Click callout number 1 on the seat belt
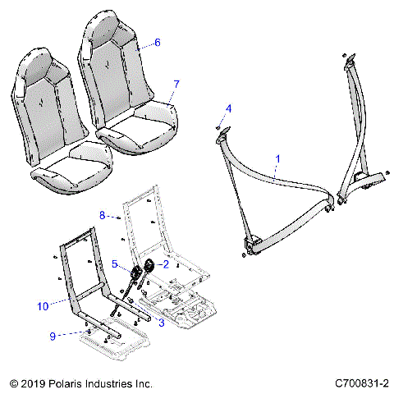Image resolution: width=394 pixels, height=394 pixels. (277, 157)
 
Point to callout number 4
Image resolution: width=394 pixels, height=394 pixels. (229, 108)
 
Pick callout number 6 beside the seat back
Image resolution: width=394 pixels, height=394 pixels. (158, 42)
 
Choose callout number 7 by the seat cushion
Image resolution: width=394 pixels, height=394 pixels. (174, 85)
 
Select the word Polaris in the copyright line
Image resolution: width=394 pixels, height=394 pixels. (67, 383)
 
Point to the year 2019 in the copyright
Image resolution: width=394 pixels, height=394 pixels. (33, 383)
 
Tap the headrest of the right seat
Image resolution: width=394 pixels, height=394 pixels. (106, 30)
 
